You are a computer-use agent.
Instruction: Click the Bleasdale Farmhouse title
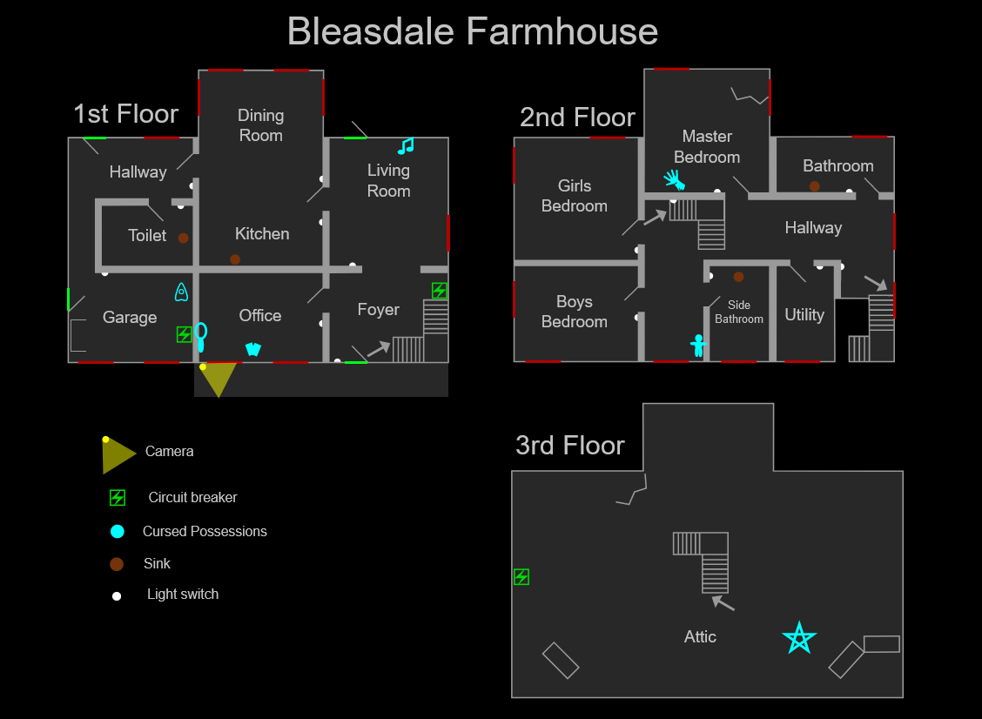click(x=473, y=32)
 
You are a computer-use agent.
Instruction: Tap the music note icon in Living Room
click(x=406, y=146)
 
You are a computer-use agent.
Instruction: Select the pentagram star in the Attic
click(x=798, y=638)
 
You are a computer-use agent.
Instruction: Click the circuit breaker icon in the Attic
click(x=521, y=576)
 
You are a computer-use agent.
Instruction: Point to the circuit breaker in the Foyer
click(x=440, y=290)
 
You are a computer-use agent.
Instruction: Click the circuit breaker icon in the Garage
click(x=184, y=333)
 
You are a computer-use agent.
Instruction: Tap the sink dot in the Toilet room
click(x=184, y=238)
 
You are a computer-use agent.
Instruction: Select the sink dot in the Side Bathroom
click(x=738, y=277)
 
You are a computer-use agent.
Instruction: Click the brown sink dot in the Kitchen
click(x=235, y=259)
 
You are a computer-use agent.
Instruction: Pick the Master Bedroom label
click(x=707, y=147)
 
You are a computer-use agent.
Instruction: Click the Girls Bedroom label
click(x=575, y=196)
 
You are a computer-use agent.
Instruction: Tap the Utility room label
click(x=804, y=315)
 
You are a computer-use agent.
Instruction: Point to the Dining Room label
click(x=261, y=125)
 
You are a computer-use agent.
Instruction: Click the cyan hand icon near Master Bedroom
click(x=674, y=180)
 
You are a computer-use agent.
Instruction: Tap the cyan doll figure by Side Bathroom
click(x=697, y=346)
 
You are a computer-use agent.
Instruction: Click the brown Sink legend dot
click(x=117, y=564)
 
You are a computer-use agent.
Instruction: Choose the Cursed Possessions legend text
click(x=205, y=531)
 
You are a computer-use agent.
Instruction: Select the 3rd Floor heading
click(x=570, y=445)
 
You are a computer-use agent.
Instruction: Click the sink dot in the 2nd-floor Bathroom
click(x=815, y=186)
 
